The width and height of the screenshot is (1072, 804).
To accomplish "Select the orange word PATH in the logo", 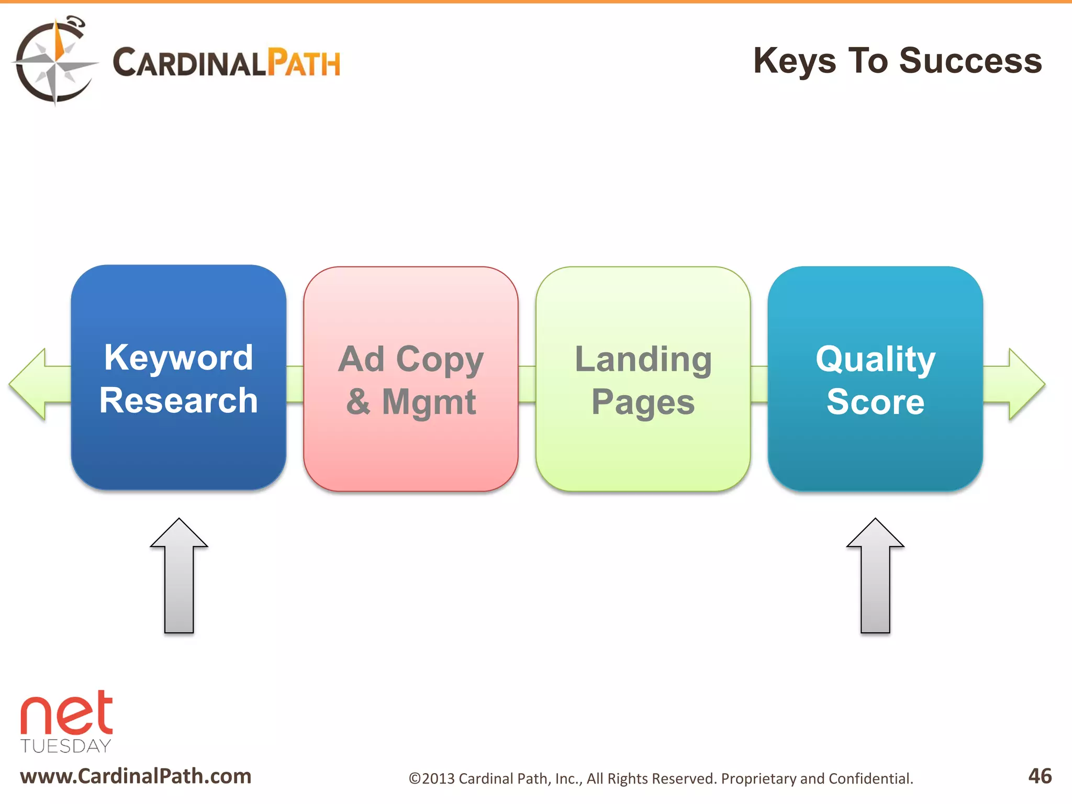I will (x=304, y=63).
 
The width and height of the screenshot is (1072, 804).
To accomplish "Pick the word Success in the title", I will (x=970, y=61).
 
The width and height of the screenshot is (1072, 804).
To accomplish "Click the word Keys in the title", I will (x=795, y=61).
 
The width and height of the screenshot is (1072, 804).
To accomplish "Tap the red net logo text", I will (x=66, y=714).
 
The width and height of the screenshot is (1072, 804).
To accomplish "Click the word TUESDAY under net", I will (x=66, y=746).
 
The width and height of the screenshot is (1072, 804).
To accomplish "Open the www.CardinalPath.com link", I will (x=136, y=776).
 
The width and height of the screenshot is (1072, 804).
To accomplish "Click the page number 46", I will (x=1040, y=776).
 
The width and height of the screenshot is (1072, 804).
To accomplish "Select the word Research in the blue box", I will (x=178, y=401).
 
